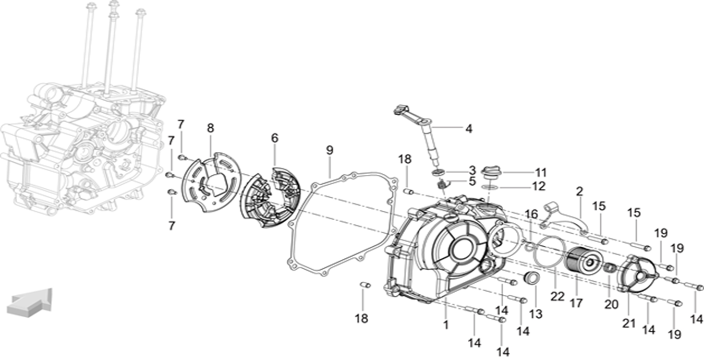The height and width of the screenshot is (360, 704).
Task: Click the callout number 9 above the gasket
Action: point(330,150)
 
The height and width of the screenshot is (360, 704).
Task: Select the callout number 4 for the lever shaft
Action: point(469,128)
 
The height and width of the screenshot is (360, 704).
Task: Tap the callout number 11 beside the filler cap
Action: point(541,172)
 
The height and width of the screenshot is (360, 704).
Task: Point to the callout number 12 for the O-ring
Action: point(539,186)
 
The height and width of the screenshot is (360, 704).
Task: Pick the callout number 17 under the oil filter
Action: point(577,303)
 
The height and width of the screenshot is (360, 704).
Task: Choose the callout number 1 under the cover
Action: point(446,325)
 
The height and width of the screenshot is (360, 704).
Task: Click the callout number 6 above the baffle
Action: point(275,138)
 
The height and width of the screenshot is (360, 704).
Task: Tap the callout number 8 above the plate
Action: point(210,128)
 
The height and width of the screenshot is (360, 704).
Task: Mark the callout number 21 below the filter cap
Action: point(629,323)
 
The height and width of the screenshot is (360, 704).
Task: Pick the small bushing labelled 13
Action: point(531,279)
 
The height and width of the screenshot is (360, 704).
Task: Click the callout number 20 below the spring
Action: point(611,305)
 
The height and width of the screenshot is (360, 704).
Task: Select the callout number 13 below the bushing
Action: point(536,314)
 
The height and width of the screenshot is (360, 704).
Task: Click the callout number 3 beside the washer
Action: point(472,170)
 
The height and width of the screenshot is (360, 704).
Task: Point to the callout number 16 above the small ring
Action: point(531,214)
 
